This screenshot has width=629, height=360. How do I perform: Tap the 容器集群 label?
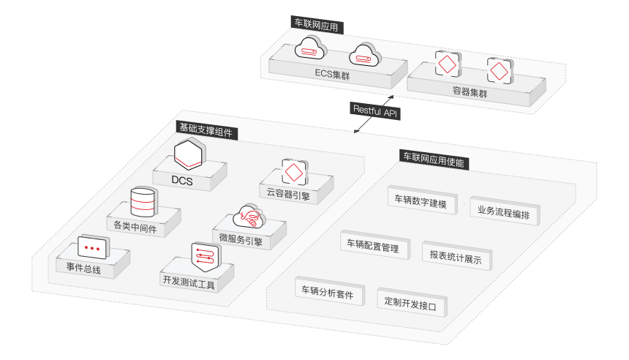470,93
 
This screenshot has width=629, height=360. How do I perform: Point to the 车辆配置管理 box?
372,247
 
